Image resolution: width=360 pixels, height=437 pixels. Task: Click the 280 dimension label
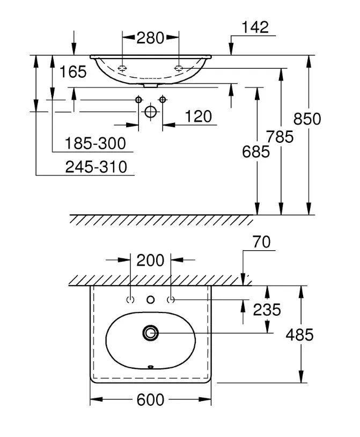pos(150,38)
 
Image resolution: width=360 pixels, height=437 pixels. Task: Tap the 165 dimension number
pos(73,71)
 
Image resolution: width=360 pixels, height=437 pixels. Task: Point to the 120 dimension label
pos(198,116)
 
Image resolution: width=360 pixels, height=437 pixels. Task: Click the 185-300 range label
pos(95,143)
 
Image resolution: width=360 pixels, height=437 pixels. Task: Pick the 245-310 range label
pos(97,167)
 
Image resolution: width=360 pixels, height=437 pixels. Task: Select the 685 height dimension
pos(256,152)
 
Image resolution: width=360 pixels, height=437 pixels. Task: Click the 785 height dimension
pos(280,137)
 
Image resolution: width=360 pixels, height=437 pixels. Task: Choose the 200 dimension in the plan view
pos(150,260)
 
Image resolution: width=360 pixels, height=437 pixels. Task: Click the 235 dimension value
pos(267,310)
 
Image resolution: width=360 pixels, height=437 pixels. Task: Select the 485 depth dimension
pos(299,335)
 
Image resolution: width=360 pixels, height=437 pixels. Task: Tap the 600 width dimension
pos(150,400)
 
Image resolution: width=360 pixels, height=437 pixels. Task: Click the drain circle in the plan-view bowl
pos(151,333)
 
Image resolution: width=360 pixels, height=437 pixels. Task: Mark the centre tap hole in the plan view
pos(151,300)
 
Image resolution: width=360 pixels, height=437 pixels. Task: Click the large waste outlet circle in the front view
pos(151,112)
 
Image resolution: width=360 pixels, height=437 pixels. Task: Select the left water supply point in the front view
pos(139,99)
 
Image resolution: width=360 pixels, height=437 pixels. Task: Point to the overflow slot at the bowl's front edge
pos(151,367)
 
